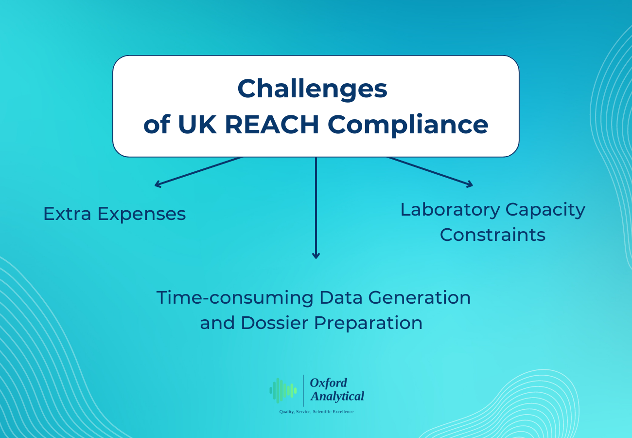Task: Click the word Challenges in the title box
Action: [312, 89]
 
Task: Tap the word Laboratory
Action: [450, 210]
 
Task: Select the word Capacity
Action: [545, 210]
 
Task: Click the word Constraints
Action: [492, 235]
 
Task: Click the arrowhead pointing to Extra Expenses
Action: [157, 184]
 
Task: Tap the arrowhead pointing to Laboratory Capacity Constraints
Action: [470, 184]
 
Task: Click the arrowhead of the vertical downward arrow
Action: [316, 255]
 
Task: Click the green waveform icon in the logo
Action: [283, 390]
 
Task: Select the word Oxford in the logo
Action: [329, 383]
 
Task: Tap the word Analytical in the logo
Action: [337, 397]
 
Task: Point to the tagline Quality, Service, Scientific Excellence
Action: [316, 412]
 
